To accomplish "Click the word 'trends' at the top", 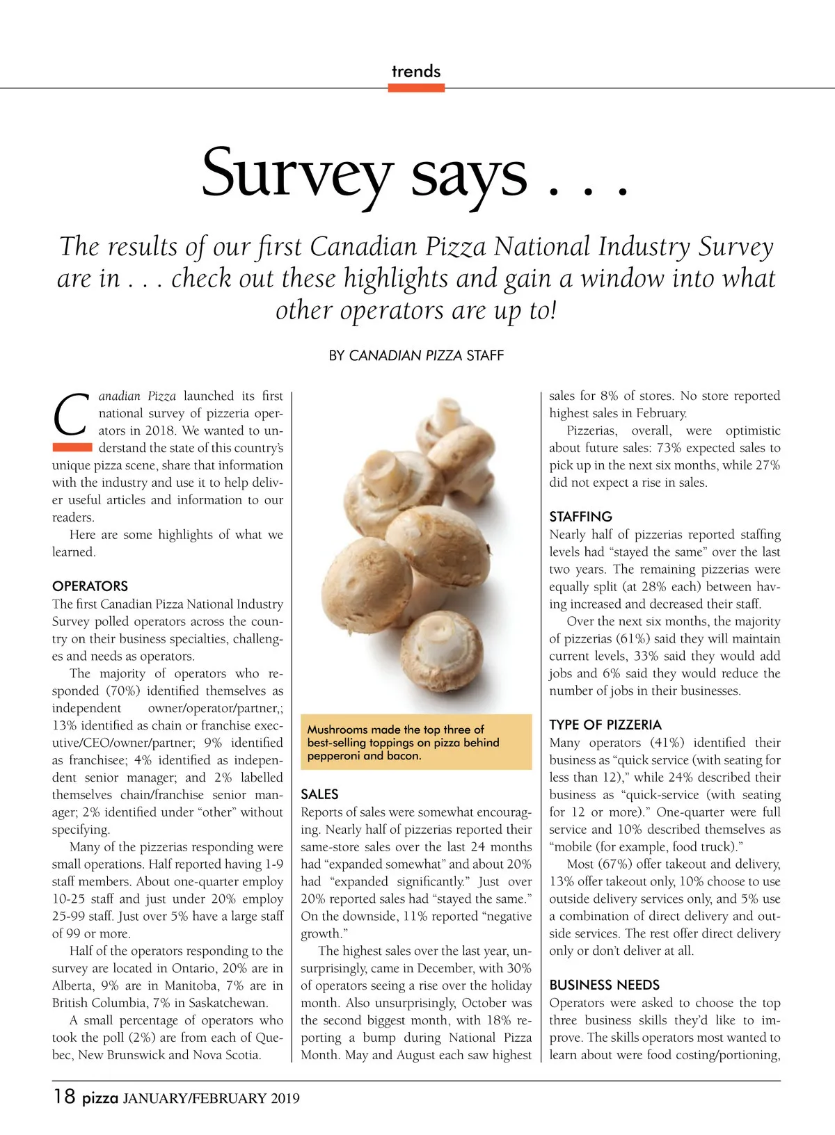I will (416, 71).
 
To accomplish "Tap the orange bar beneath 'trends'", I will (416, 88).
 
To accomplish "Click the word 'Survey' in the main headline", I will (298, 174).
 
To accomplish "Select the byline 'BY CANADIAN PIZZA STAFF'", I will (416, 355).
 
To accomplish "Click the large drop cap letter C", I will (71, 415).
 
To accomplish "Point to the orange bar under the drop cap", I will (72, 447).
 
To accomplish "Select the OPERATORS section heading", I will (90, 586).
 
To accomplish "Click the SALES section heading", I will (319, 794).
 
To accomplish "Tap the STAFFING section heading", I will (580, 517).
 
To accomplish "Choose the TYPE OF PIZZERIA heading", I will (605, 725).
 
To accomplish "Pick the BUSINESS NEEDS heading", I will (604, 985).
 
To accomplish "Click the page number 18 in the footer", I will (64, 1097).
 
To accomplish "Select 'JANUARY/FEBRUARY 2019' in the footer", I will (212, 1099).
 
